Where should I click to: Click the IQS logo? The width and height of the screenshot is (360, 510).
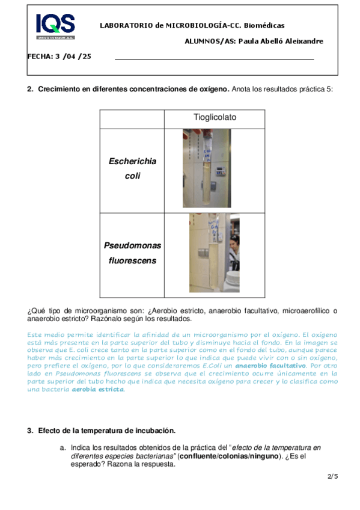click(x=55, y=26)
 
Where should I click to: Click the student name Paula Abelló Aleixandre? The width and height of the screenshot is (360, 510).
click(x=281, y=41)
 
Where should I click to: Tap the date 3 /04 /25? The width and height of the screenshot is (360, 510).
click(x=73, y=57)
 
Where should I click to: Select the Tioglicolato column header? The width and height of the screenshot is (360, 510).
click(x=215, y=117)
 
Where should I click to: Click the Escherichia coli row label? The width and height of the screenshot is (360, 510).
click(x=132, y=168)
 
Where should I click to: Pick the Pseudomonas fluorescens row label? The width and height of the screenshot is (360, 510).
click(x=132, y=253)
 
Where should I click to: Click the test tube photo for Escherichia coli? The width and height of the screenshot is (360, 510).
click(x=207, y=168)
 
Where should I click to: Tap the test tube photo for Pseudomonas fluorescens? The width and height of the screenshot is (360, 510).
click(x=215, y=253)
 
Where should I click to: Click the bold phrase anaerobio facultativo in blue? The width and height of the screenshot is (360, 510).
click(x=270, y=366)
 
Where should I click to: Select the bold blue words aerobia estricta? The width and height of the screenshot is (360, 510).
click(x=98, y=389)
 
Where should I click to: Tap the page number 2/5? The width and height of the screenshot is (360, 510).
click(x=333, y=476)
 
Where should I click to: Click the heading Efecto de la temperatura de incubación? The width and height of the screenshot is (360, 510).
click(x=107, y=431)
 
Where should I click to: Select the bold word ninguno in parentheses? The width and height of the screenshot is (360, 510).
click(x=265, y=456)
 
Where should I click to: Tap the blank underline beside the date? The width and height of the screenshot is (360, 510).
click(x=215, y=60)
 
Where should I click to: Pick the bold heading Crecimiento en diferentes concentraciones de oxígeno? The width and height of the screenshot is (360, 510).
click(x=134, y=89)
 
